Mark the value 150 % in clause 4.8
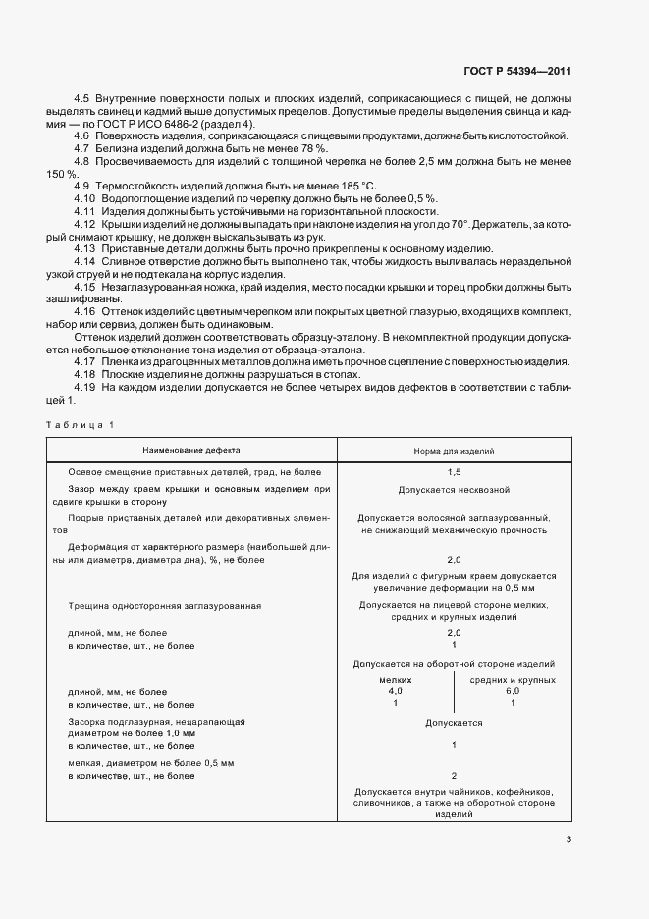click(62, 173)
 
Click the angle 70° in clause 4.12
click(460, 225)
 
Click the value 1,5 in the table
click(454, 472)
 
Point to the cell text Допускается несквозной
click(454, 489)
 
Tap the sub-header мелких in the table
click(396, 679)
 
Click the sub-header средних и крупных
click(513, 679)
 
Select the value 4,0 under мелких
click(396, 691)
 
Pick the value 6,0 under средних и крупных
click(513, 691)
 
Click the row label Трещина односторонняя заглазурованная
click(164, 606)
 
